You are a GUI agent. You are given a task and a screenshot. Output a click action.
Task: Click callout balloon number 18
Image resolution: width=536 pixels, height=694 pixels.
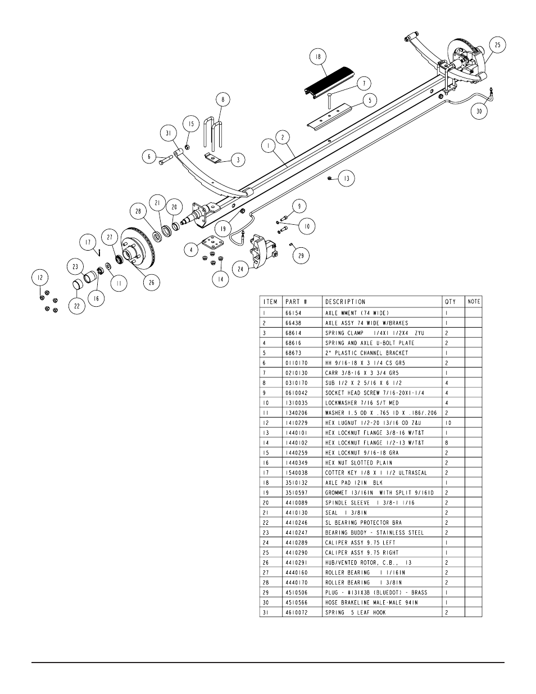click(x=318, y=57)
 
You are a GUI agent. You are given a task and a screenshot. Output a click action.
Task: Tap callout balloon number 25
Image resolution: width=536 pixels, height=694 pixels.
click(x=497, y=44)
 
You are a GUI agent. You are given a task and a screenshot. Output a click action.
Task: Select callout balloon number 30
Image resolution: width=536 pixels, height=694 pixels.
click(x=479, y=111)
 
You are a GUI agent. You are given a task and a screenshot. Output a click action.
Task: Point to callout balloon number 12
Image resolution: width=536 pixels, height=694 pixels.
click(x=39, y=277)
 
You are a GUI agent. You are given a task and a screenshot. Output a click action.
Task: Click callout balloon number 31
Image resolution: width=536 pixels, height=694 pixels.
click(x=167, y=133)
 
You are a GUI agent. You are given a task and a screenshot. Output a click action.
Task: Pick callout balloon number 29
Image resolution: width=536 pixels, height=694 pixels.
click(x=301, y=256)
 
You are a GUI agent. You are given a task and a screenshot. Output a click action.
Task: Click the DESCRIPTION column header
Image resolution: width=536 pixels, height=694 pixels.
click(x=345, y=302)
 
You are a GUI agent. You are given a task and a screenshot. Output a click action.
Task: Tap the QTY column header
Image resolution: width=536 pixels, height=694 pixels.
click(x=450, y=302)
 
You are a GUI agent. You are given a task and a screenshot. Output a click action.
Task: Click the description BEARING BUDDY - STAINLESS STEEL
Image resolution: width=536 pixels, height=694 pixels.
click(x=374, y=533)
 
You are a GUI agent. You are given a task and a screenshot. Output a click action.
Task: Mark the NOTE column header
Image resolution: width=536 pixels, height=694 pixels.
click(x=474, y=302)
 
